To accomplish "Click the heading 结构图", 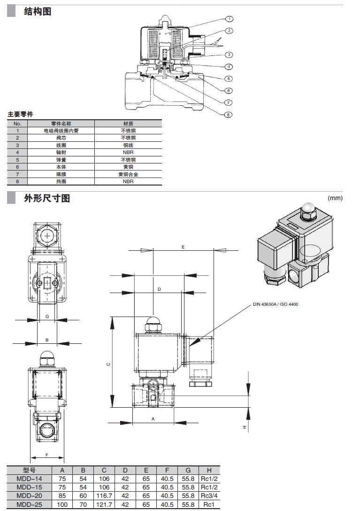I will [x=38, y=11].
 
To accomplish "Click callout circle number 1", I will [x=229, y=19].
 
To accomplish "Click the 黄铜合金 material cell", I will [x=128, y=174].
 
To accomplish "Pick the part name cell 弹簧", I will [x=61, y=160].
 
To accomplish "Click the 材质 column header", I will [x=128, y=124].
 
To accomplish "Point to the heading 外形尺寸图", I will [x=47, y=198].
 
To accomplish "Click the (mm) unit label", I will [x=335, y=198].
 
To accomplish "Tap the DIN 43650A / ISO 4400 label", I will [x=276, y=304].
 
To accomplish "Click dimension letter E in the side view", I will [x=183, y=247].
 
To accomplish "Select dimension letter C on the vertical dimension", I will [x=108, y=364].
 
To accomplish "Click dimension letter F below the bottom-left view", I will [x=47, y=454].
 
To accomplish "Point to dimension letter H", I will [x=244, y=427].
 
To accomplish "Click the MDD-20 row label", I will [x=29, y=496].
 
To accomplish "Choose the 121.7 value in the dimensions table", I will [x=104, y=504].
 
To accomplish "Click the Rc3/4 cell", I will [x=209, y=496].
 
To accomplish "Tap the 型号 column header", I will [x=29, y=470].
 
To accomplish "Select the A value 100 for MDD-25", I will [x=62, y=504].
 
